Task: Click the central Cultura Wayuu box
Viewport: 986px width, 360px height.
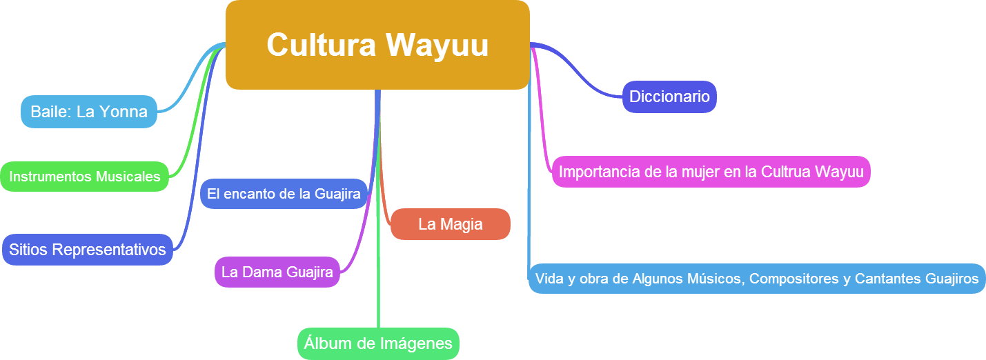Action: coord(377,45)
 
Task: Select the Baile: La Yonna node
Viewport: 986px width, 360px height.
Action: coord(89,112)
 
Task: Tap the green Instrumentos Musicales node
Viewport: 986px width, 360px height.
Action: coord(84,177)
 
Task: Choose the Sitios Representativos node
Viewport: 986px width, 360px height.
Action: coord(88,249)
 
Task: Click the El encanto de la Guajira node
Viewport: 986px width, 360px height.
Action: coord(284,194)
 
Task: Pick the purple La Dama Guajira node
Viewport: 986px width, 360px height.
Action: coord(277,272)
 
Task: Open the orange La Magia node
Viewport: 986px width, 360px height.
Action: coord(450,224)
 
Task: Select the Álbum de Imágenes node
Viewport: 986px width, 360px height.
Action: coord(378,343)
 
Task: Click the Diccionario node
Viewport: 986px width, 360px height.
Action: coord(669,97)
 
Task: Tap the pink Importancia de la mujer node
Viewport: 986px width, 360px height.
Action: coord(711,172)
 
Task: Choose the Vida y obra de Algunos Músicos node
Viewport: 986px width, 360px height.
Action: coord(756,279)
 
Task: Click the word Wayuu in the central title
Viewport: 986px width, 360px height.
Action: coord(437,46)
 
